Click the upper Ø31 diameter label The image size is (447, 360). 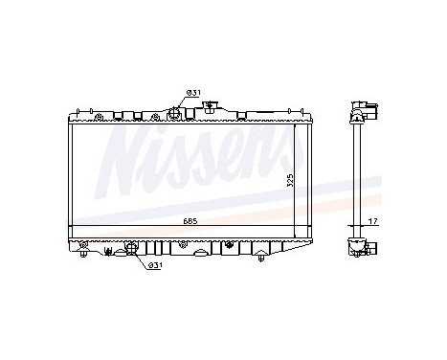[192, 92]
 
